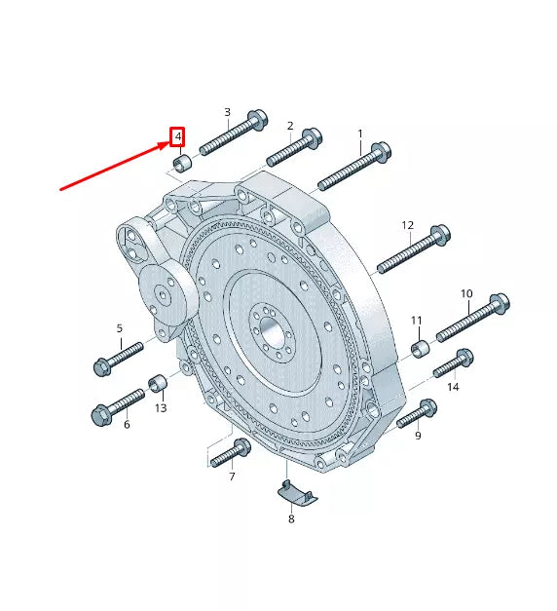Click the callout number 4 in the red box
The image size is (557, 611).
click(x=177, y=136)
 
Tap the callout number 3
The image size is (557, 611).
click(x=227, y=112)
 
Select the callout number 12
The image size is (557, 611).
click(x=408, y=225)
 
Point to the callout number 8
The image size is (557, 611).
click(x=290, y=520)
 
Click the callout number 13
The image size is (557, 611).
click(x=161, y=407)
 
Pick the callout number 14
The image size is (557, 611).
click(x=453, y=387)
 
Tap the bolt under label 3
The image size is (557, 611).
click(x=234, y=134)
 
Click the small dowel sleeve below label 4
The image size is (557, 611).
click(x=179, y=161)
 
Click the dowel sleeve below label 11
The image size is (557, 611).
click(x=422, y=348)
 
